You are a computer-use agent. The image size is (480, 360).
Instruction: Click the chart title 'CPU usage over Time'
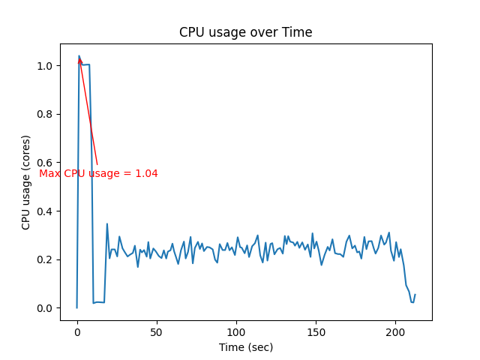point(245,32)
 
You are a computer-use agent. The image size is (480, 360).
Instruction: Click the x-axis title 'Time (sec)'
point(245,347)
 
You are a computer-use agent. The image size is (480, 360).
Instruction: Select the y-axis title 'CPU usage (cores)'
point(26,182)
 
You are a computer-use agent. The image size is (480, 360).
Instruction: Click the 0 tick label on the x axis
point(77,331)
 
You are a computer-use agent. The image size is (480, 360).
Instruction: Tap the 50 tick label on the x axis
point(157,331)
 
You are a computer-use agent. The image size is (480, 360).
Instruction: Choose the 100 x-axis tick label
point(236,331)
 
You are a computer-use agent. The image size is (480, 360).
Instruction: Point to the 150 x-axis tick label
point(316,331)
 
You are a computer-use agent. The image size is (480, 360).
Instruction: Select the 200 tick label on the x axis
point(395,331)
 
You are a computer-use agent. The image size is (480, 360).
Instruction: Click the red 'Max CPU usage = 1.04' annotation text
point(98,173)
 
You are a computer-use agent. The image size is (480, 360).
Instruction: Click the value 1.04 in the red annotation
point(146,173)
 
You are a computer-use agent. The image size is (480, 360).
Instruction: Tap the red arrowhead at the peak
point(79,60)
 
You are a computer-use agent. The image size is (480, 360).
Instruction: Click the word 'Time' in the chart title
point(298,32)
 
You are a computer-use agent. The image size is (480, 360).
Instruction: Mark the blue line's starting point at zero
point(77,307)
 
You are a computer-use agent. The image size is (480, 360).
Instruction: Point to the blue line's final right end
point(415,295)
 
